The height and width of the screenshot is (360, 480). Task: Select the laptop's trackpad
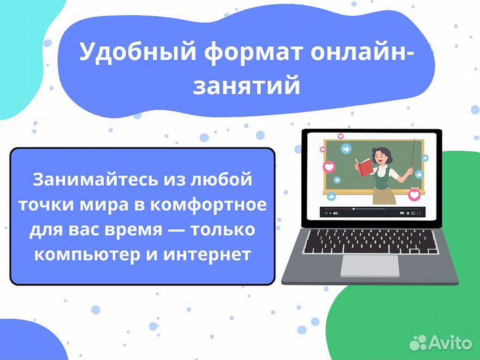click(x=370, y=265)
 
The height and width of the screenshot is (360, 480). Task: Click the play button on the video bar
click(x=327, y=213)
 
